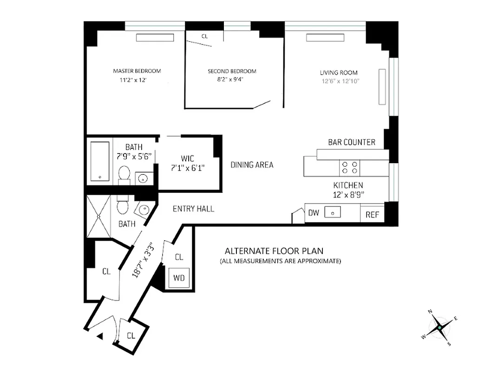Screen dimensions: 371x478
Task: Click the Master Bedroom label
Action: pos(137,71)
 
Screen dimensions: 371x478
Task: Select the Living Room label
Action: pos(338,73)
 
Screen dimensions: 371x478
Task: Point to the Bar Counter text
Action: pos(352,142)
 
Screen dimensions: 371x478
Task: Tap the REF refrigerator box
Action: pos(372,214)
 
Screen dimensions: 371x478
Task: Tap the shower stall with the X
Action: pos(98,216)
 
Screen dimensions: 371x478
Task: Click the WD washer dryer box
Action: pos(179,278)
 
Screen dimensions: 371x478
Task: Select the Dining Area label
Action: pos(252,165)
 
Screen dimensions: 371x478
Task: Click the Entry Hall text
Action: pos(193,209)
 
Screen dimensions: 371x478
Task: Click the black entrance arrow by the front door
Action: pos(99,336)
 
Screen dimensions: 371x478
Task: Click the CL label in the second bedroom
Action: pos(205,36)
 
